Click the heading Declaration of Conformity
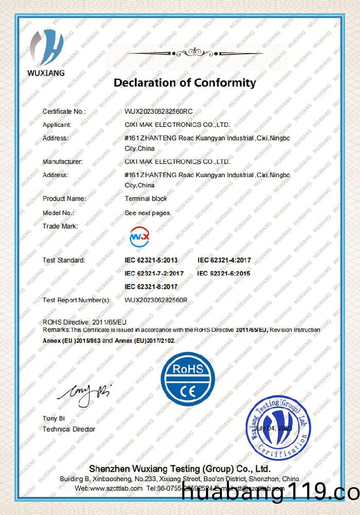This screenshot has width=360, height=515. point(184,83)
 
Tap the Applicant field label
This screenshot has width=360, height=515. point(57,125)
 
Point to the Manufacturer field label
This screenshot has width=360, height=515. point(62,162)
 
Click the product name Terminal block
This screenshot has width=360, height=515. point(146,198)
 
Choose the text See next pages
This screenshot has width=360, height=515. point(148,212)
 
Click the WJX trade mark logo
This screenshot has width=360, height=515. point(139,236)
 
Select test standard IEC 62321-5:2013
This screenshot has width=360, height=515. point(151,260)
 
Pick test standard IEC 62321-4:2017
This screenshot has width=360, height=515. point(224,260)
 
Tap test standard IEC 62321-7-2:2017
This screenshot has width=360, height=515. point(154,273)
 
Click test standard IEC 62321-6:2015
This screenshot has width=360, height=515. point(224,273)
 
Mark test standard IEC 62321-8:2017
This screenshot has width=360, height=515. point(151,286)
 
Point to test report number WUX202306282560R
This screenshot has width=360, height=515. point(156,300)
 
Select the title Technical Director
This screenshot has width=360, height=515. point(69,429)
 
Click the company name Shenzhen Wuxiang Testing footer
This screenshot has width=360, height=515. point(180,469)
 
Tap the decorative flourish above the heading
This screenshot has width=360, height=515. point(195,53)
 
